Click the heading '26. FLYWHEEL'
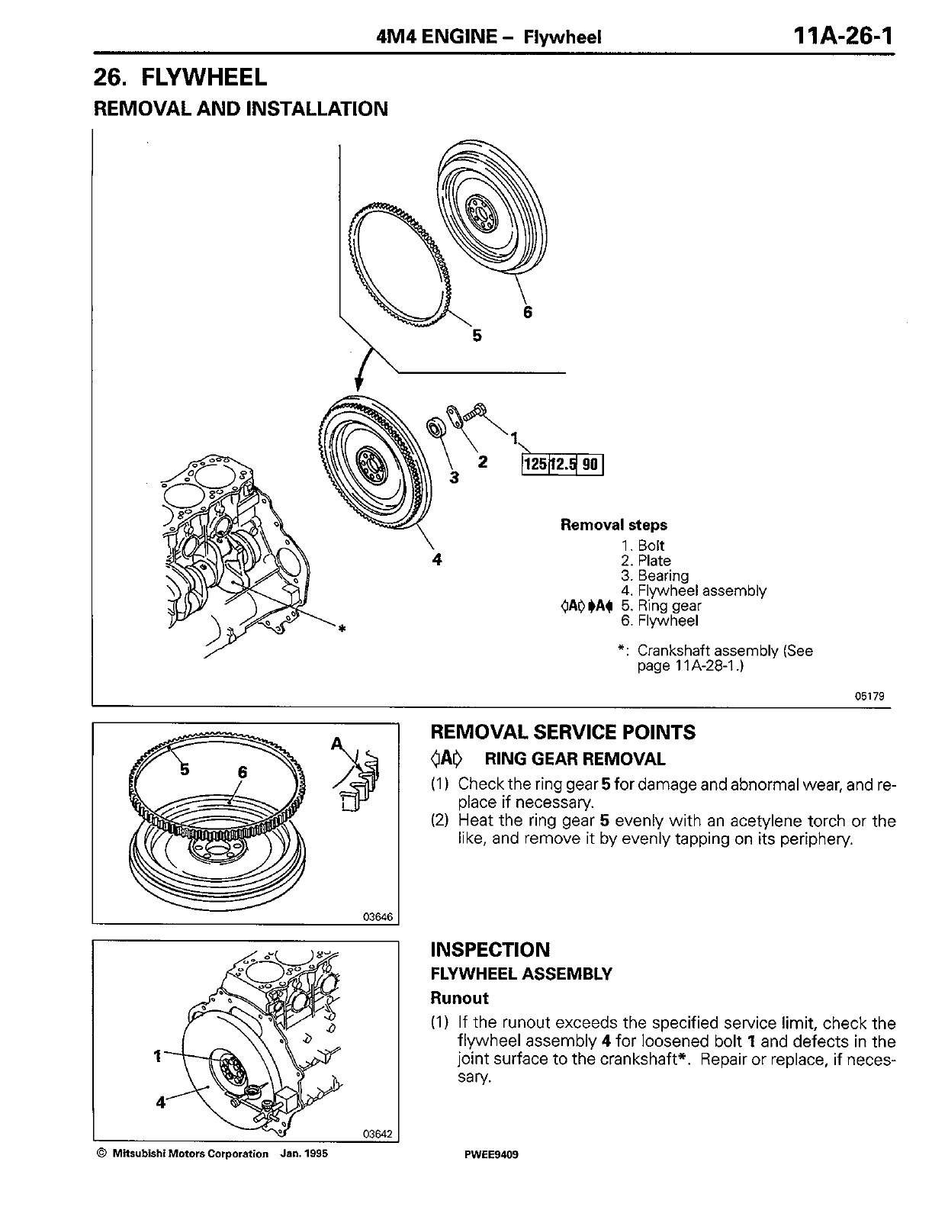180,77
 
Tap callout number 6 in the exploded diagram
528,311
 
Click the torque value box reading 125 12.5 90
562,463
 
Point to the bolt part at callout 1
477,410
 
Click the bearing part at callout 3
437,427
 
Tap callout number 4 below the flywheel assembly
436,559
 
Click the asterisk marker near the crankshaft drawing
342,629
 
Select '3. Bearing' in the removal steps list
654,576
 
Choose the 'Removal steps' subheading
613,525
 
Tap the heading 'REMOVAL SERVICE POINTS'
563,732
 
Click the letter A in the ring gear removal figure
335,744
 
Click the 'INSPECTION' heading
490,950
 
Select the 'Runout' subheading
459,998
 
